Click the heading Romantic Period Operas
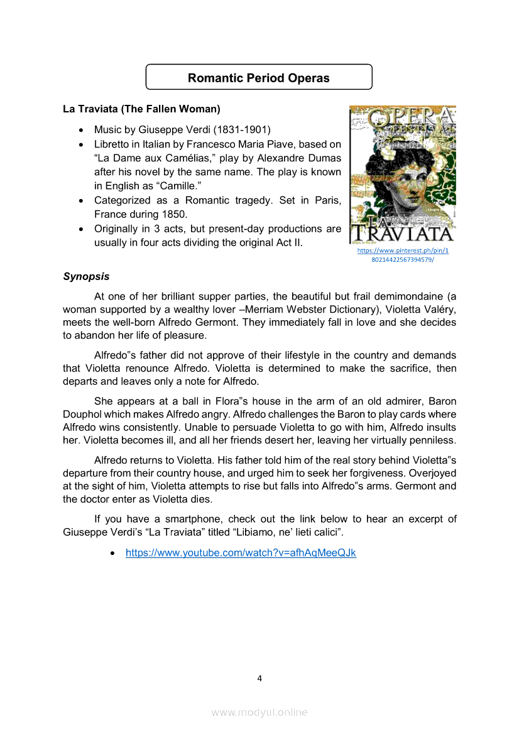coord(259,78)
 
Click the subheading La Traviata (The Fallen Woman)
coord(141,109)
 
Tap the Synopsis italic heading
coord(86,276)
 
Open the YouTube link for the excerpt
coord(241,553)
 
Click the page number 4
coord(259,678)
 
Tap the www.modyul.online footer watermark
coord(259,712)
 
